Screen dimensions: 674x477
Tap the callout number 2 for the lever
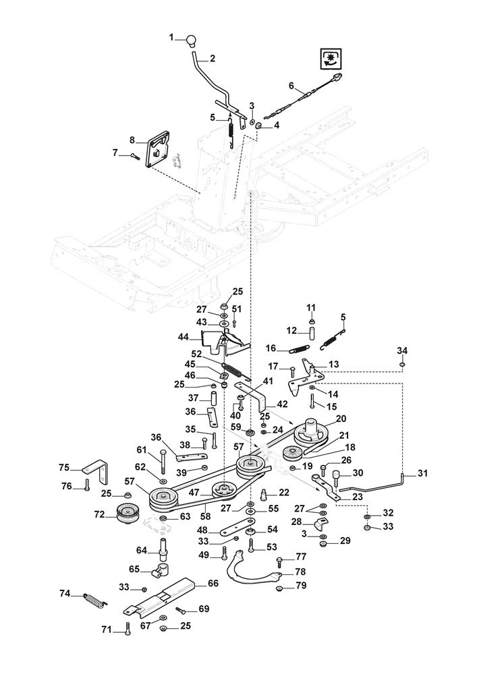tap(212, 59)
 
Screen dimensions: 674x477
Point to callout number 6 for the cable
tap(291, 86)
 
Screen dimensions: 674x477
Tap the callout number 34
tap(402, 350)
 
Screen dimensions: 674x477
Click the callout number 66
tap(213, 583)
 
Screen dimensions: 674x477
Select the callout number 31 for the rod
tap(422, 473)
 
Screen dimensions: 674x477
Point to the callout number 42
tap(282, 404)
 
